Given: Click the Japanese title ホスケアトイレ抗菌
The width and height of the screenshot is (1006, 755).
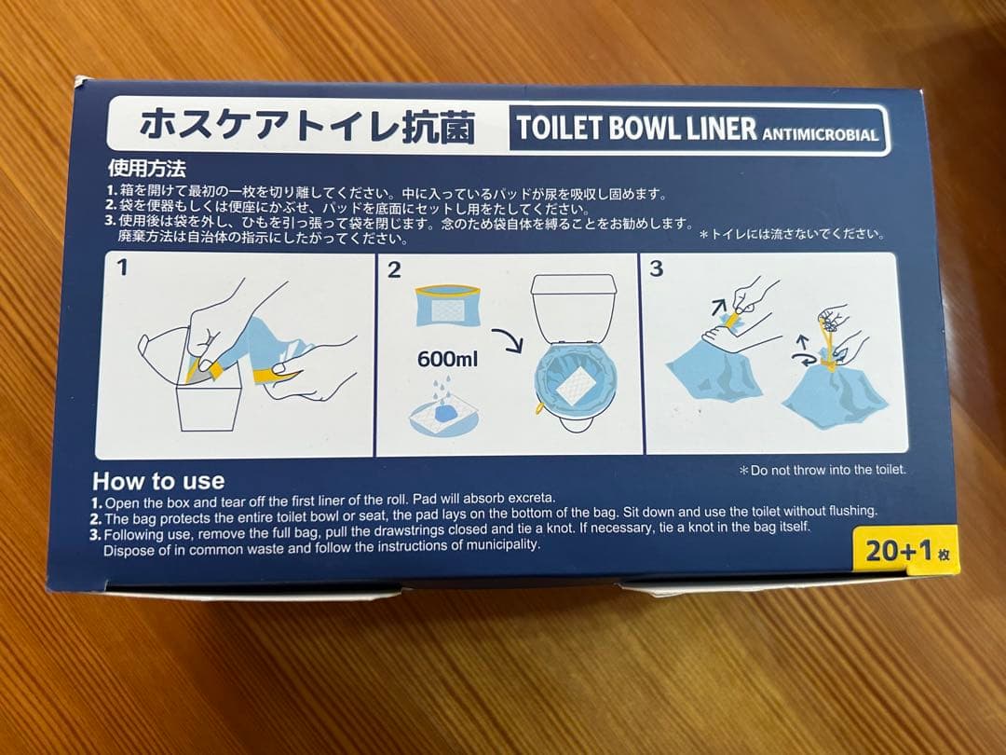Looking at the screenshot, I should (x=306, y=126).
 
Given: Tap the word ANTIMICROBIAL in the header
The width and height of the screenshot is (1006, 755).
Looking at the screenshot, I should (x=820, y=134).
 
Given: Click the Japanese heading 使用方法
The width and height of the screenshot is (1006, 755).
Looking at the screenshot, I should (x=147, y=170).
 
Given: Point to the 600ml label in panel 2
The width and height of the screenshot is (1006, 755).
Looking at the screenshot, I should (x=447, y=358).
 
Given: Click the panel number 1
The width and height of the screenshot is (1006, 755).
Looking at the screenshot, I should (x=122, y=269).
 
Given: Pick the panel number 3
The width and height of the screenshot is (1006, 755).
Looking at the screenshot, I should (x=657, y=269).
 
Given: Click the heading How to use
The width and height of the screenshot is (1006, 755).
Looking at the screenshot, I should (x=158, y=481).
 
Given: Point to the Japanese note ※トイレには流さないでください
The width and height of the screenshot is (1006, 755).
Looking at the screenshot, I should (x=792, y=235).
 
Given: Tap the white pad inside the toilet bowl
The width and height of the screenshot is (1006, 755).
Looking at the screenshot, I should (x=577, y=383).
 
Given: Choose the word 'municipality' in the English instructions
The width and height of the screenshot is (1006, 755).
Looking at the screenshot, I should (x=498, y=545).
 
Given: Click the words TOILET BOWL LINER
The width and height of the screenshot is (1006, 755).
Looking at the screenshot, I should (x=636, y=129).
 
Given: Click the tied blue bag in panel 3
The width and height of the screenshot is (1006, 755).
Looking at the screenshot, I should (x=832, y=391).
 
